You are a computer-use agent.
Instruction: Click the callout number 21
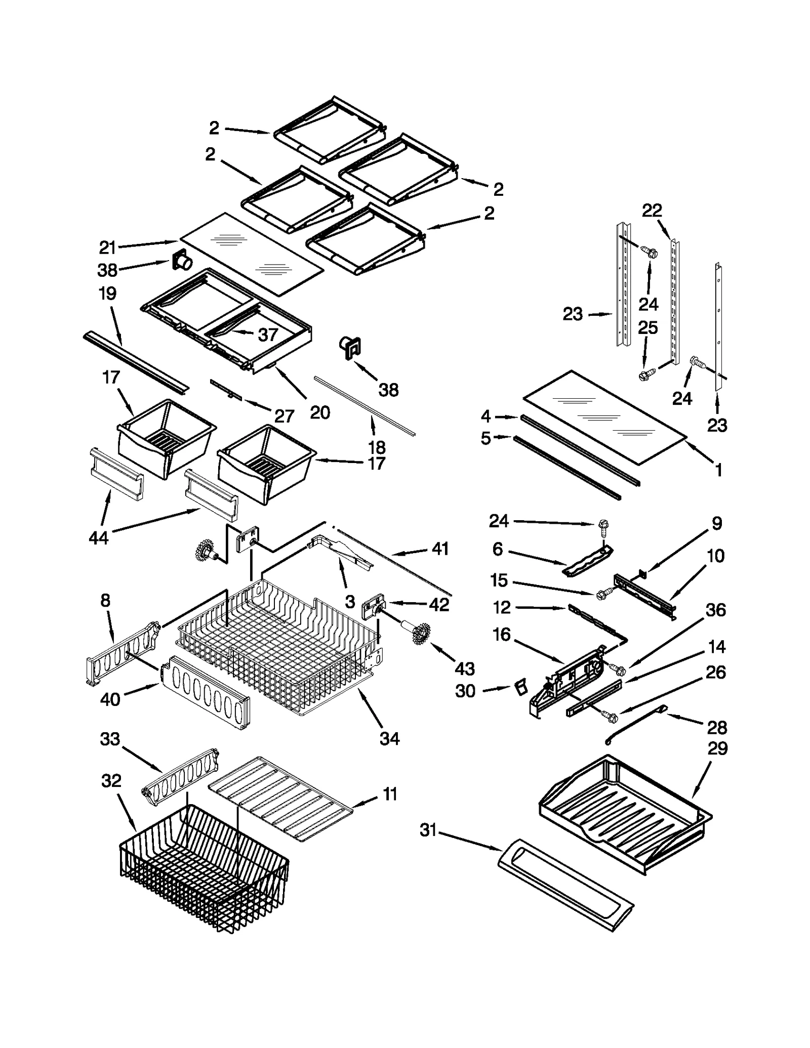pos(107,247)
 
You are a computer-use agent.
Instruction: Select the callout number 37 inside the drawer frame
pos(268,334)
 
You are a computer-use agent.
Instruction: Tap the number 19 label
pos(107,294)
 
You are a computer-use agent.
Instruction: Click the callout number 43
pos(464,668)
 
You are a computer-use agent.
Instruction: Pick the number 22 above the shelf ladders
pos(652,211)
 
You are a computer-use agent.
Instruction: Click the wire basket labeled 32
pos(202,870)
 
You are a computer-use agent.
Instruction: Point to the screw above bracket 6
pos(603,527)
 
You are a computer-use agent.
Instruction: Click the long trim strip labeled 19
pos(136,361)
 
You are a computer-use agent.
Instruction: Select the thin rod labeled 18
pos(364,405)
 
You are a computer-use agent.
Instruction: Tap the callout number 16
pos(501,635)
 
